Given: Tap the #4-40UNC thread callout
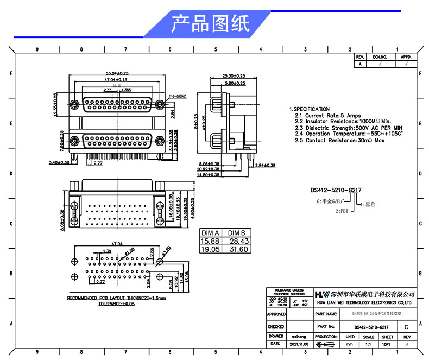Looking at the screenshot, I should (x=179, y=96).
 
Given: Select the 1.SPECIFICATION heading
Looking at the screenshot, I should (x=309, y=109).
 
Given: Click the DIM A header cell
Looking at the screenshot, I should (x=210, y=232).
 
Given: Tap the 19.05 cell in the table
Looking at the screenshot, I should (x=210, y=249).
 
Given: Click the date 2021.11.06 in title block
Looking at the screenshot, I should (x=299, y=344).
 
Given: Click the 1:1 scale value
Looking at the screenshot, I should (x=369, y=344).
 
